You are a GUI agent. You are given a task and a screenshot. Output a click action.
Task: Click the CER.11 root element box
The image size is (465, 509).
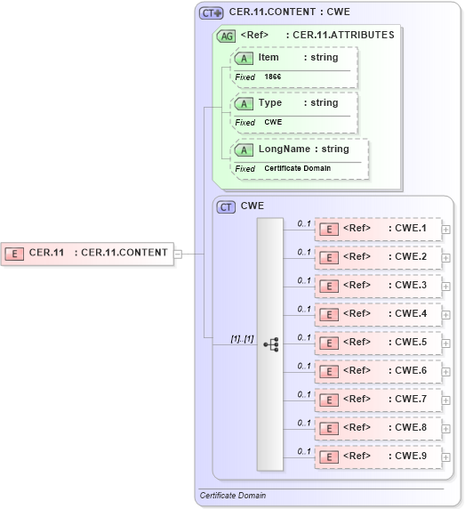(86, 253)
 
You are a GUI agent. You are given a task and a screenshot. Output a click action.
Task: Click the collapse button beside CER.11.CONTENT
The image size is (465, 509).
(179, 253)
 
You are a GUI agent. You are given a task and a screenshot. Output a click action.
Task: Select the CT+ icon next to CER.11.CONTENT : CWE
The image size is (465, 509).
(211, 13)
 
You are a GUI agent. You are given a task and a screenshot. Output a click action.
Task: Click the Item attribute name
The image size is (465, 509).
(269, 57)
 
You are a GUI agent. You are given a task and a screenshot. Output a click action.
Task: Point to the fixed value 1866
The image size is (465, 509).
(272, 77)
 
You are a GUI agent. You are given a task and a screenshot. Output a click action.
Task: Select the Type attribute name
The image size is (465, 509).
(269, 102)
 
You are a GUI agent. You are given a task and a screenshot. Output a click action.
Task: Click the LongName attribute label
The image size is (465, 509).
(284, 149)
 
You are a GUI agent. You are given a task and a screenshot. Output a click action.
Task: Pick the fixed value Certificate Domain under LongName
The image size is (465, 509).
(297, 168)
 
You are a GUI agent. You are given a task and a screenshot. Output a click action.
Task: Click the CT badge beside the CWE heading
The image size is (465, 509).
(226, 206)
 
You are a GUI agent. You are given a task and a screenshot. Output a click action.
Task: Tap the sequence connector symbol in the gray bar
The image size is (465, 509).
(270, 343)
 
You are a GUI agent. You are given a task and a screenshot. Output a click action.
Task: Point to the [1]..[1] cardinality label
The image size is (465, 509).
(242, 338)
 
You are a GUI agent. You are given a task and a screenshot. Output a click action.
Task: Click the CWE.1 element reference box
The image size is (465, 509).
(378, 229)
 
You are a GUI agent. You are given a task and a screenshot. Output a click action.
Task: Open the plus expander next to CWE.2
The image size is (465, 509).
(446, 258)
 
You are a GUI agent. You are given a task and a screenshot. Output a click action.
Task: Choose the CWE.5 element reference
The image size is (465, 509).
(378, 343)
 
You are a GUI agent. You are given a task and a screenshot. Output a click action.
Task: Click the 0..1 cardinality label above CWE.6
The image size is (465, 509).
(304, 366)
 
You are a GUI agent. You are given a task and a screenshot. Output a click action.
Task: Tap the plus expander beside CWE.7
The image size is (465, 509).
(446, 400)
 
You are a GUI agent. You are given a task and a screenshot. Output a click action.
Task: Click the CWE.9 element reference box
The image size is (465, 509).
(378, 456)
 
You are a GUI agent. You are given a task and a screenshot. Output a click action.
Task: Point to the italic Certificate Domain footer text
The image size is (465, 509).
(233, 495)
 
